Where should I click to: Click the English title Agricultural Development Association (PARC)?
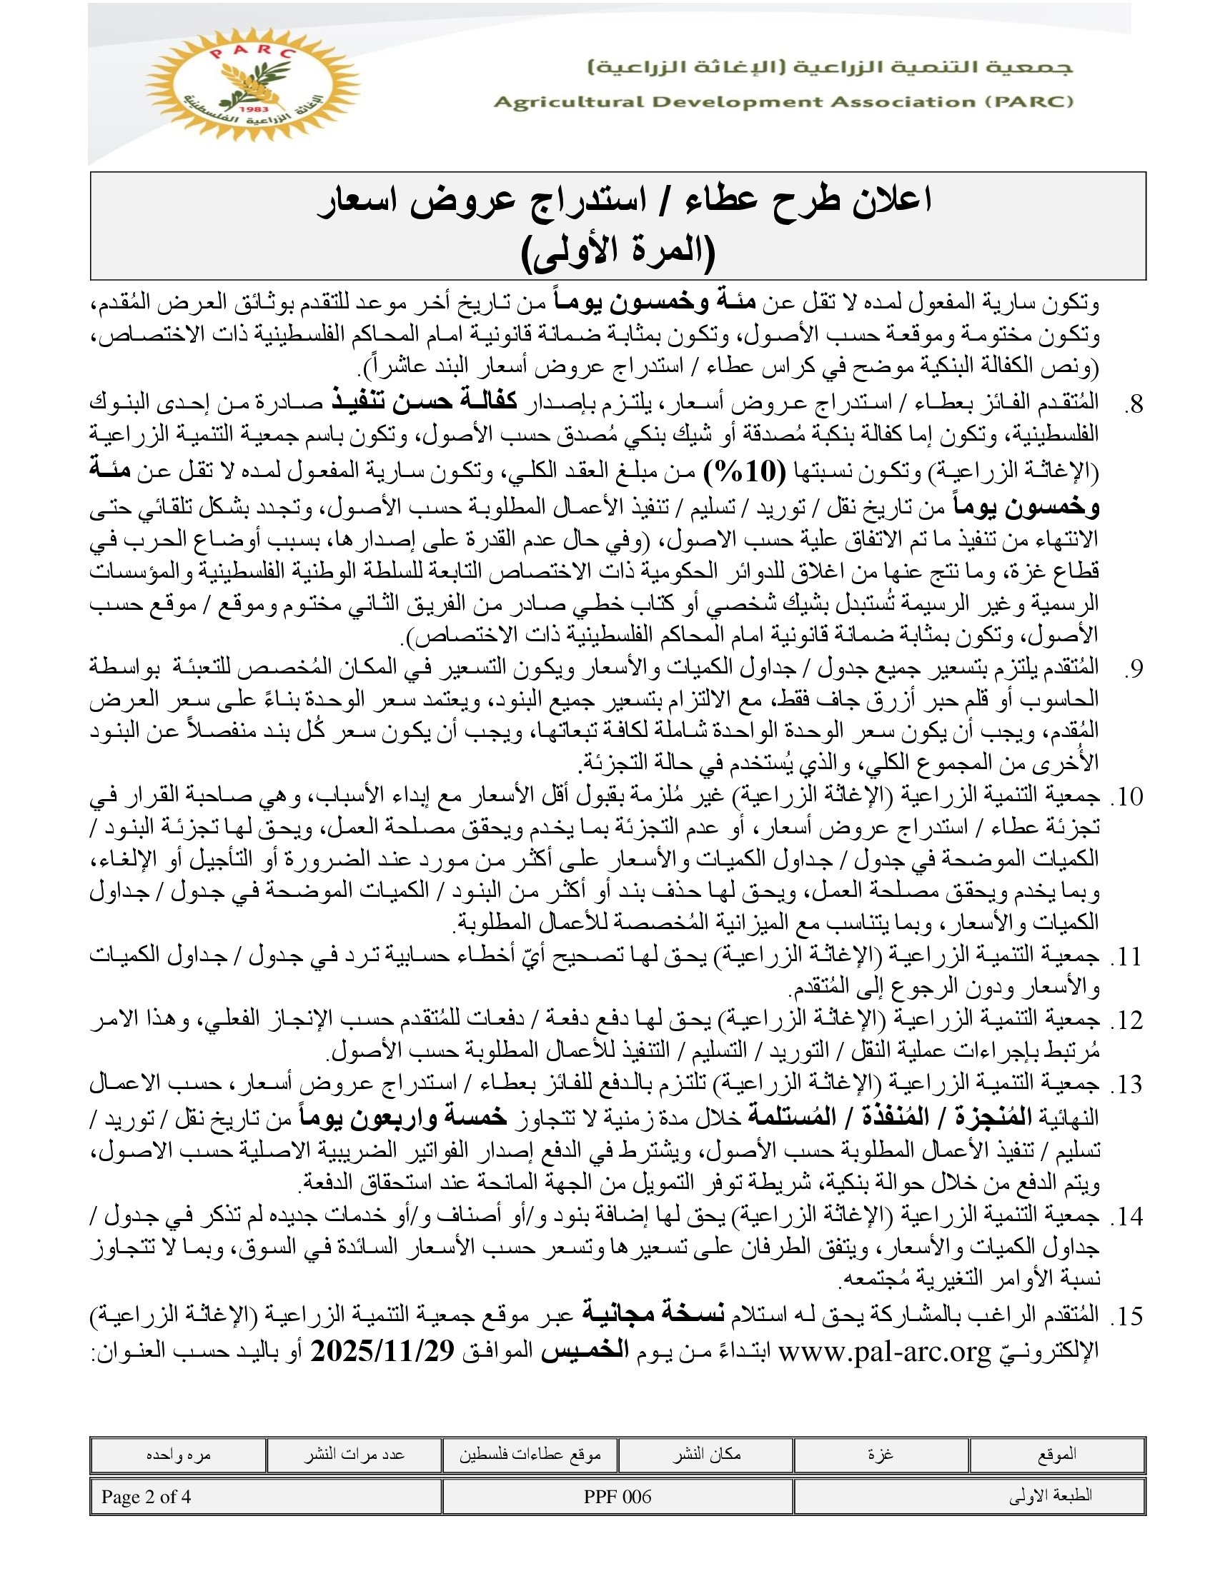[783, 102]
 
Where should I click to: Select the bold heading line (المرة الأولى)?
[618, 253]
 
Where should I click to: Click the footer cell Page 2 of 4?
[146, 1497]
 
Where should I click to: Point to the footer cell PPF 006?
[618, 1497]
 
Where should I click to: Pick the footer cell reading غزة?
[881, 1455]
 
